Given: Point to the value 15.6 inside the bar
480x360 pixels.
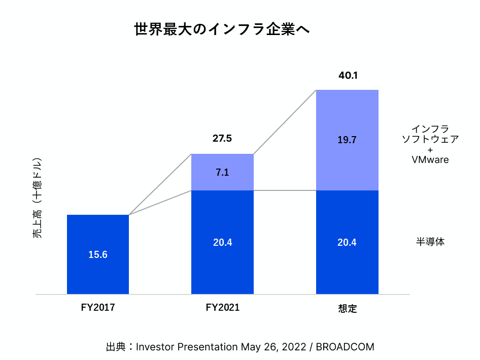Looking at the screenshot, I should [98, 255].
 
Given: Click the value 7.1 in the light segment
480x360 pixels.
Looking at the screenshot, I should [222, 172].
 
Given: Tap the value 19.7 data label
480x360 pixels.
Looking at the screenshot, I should [347, 140].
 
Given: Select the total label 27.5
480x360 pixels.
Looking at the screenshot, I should [222, 139].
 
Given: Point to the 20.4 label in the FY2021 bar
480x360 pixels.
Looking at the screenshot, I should [222, 243].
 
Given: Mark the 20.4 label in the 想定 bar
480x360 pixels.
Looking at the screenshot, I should [347, 243].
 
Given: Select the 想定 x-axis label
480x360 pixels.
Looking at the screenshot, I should [348, 308].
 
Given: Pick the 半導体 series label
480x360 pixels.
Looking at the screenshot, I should [430, 242].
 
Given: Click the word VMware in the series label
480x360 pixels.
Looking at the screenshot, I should [430, 159].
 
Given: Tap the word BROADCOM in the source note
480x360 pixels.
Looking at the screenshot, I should [345, 347].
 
